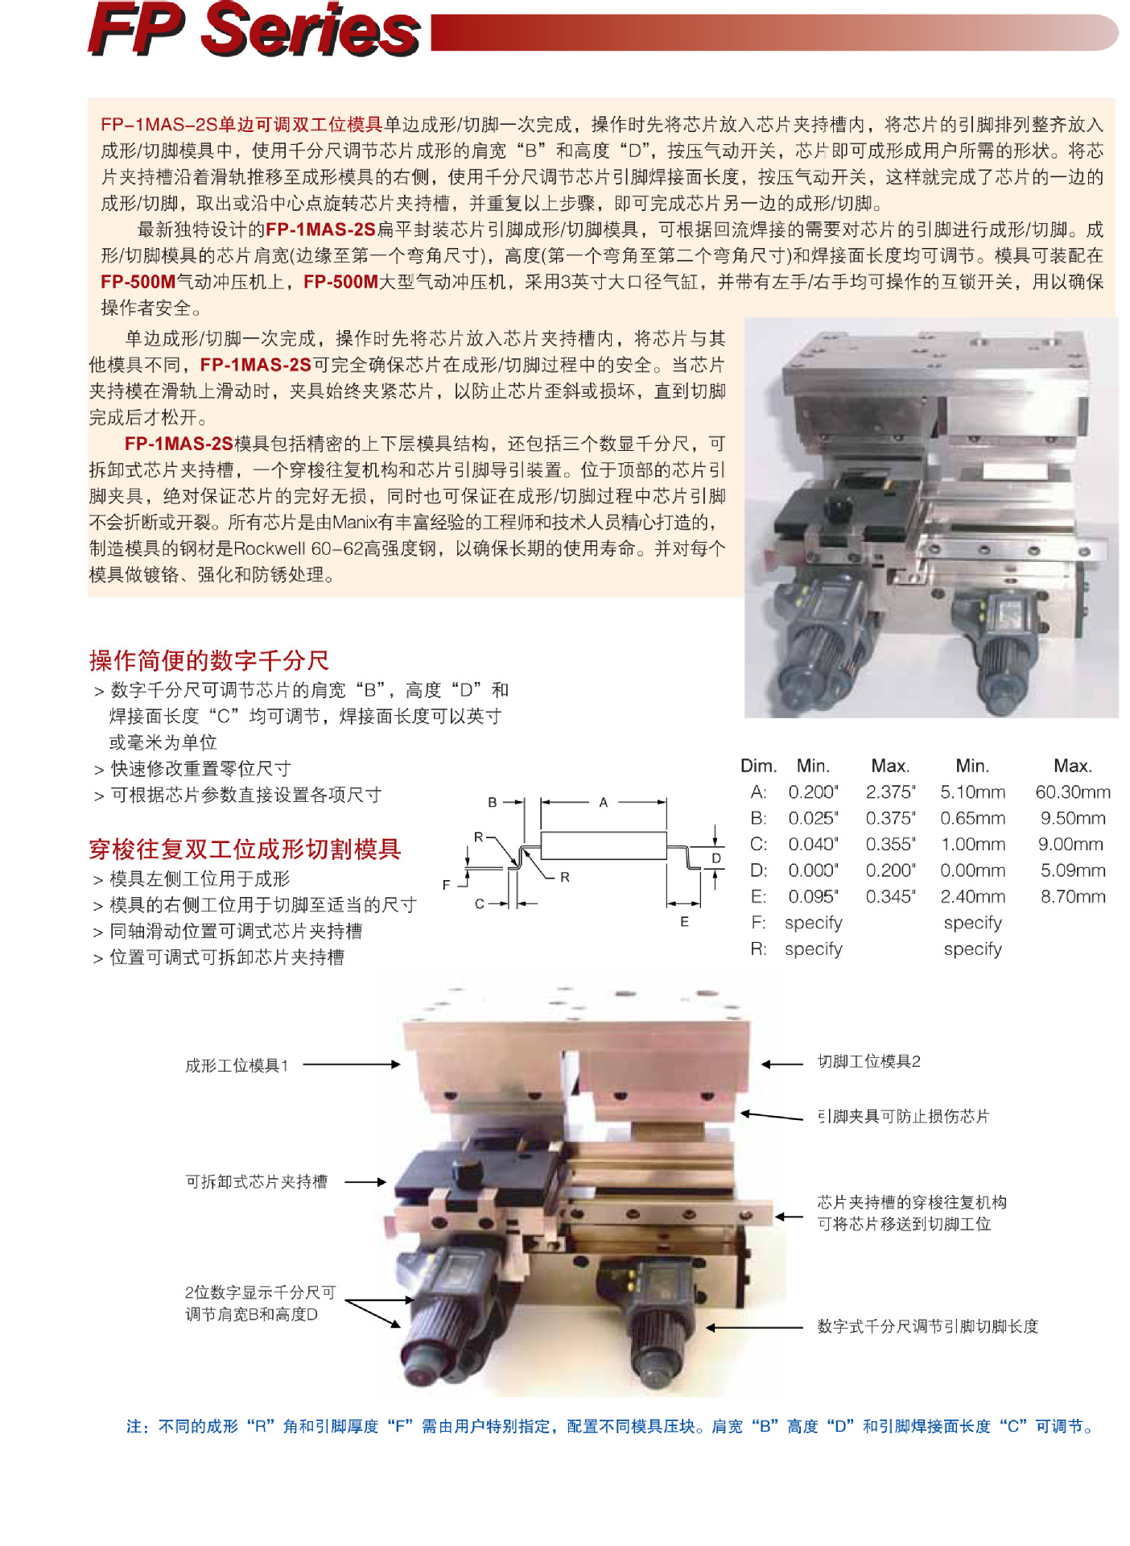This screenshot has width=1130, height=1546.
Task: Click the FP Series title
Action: [x=254, y=30]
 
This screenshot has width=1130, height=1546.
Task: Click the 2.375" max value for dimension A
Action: [x=890, y=792]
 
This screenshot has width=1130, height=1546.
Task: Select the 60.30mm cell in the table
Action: [x=1073, y=792]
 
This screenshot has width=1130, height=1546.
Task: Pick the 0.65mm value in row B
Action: [x=972, y=818]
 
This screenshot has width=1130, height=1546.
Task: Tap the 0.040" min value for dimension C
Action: [x=813, y=845]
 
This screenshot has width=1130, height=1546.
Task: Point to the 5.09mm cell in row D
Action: [x=1073, y=870]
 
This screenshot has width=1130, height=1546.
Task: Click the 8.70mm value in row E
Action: [x=1073, y=897]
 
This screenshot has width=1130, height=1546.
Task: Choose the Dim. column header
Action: [x=758, y=766]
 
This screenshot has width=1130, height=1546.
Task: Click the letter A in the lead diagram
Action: [x=603, y=802]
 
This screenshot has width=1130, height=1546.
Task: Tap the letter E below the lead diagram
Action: [x=684, y=922]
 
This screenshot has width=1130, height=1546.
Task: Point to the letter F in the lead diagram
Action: [x=446, y=885]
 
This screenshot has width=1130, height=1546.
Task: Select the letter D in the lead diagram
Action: [x=716, y=858]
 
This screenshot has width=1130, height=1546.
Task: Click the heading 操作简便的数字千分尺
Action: [x=209, y=660]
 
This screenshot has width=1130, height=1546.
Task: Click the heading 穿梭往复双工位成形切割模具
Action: [x=245, y=849]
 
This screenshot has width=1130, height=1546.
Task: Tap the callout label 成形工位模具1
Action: [x=237, y=1065]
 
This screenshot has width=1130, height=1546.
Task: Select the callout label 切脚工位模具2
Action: [x=869, y=1061]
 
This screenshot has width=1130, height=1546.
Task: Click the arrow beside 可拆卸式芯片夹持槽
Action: [x=366, y=1182]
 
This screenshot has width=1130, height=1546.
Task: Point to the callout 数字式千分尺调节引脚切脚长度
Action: [x=928, y=1326]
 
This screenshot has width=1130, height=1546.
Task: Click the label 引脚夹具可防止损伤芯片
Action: [x=903, y=1116]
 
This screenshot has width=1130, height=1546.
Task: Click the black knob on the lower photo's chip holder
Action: [x=467, y=1172]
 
